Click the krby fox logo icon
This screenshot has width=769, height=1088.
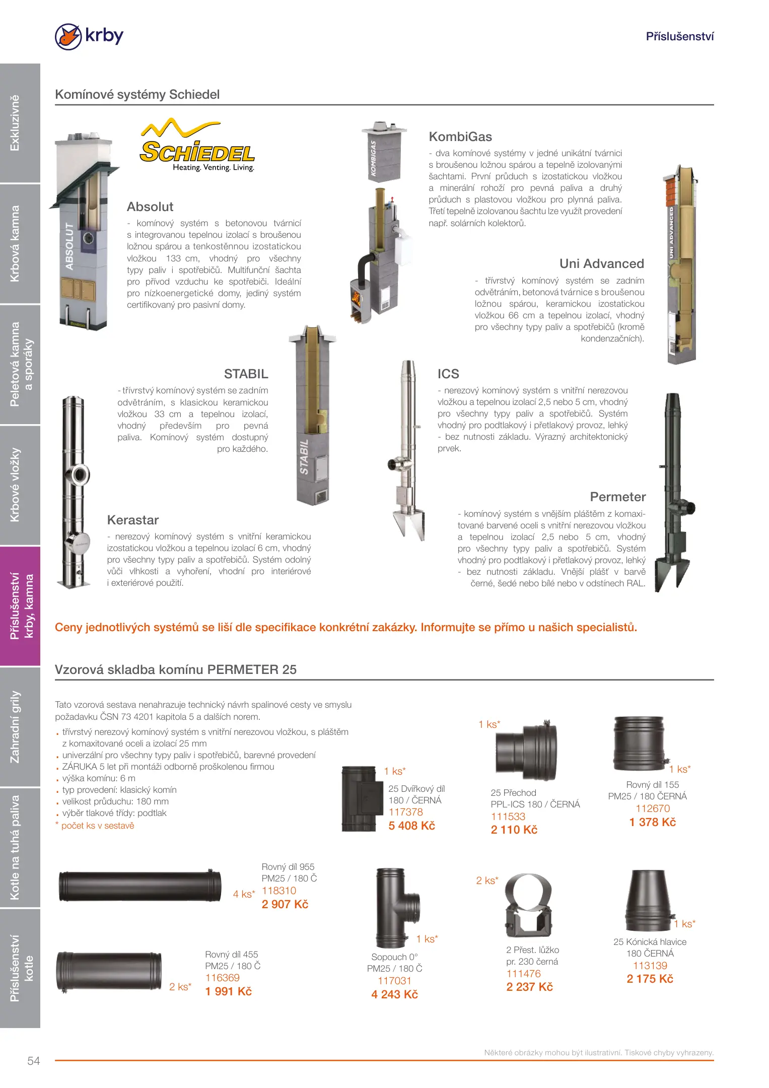(x=68, y=36)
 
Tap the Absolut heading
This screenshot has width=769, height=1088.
(x=150, y=207)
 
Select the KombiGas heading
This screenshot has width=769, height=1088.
(x=460, y=137)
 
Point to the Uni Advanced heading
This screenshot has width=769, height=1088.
(x=601, y=264)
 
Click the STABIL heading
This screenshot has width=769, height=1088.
(x=246, y=374)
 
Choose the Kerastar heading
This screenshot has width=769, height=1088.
(x=132, y=520)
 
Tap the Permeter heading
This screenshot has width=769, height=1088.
(x=617, y=497)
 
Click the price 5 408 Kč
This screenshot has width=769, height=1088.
(x=411, y=826)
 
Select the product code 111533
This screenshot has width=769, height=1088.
(x=508, y=817)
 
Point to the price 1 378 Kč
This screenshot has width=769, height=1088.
(x=652, y=822)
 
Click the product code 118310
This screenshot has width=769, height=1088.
(x=279, y=891)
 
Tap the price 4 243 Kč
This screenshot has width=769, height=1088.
(x=394, y=994)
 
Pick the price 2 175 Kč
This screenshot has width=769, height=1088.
(x=650, y=979)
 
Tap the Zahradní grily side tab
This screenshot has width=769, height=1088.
(x=16, y=726)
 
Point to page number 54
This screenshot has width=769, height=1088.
(x=34, y=1061)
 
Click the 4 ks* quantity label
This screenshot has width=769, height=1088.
(x=244, y=894)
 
